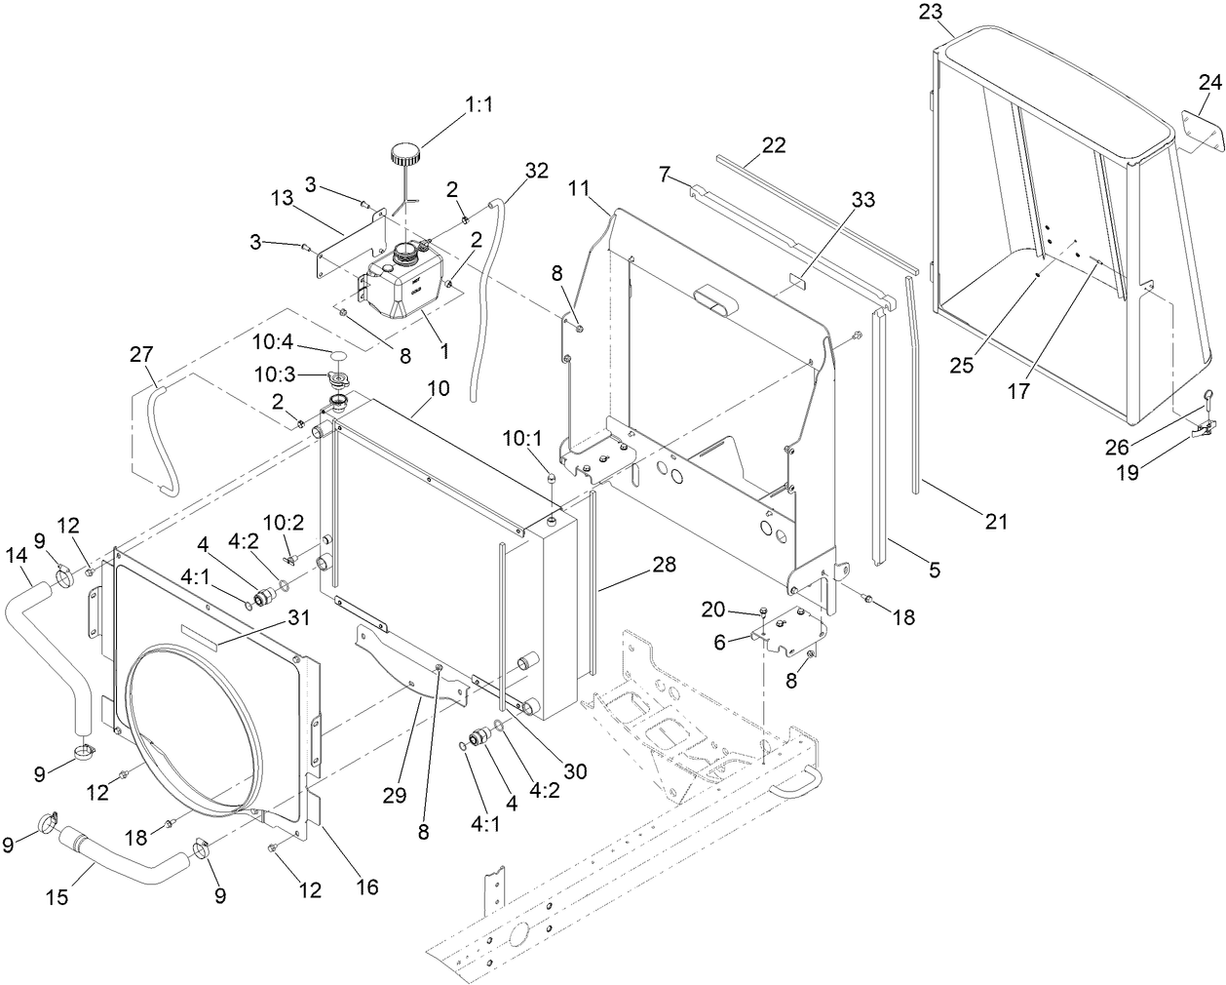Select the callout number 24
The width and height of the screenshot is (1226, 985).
tap(1209, 83)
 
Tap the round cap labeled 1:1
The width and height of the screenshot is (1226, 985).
tap(405, 154)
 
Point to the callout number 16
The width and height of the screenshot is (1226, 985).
tap(366, 886)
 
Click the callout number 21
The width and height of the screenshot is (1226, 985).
tap(995, 522)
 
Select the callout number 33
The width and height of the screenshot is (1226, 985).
tap(862, 200)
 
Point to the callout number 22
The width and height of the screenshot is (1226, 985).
tap(774, 144)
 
